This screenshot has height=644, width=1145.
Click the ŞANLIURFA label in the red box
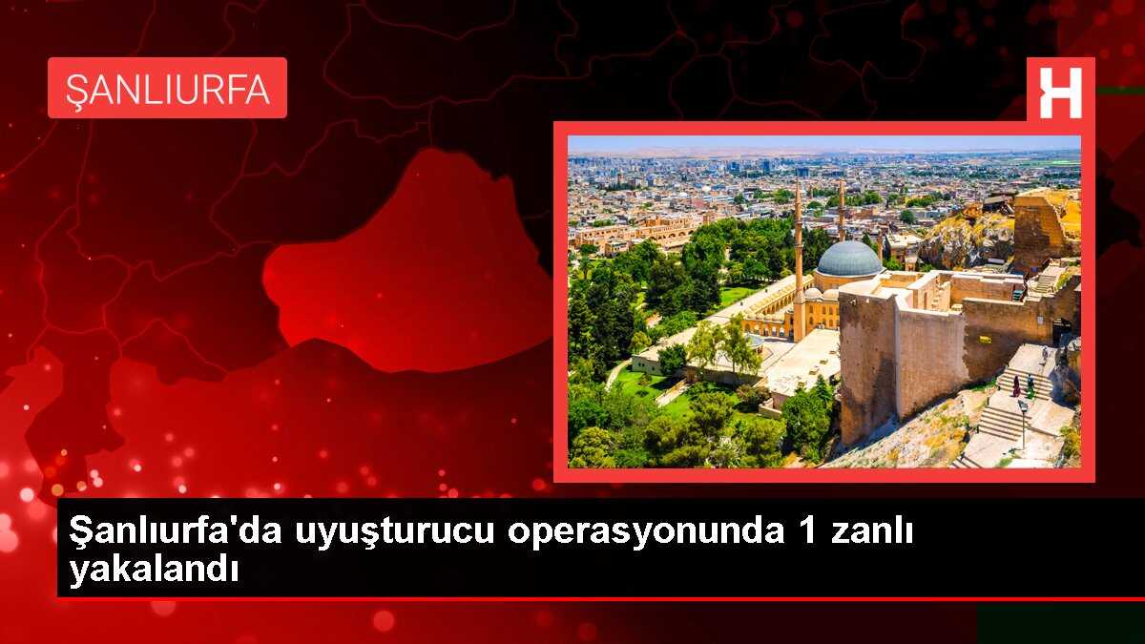(x=167, y=88)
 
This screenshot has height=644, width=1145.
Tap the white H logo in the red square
(x=1060, y=93)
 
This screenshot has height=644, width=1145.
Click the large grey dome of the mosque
(x=848, y=259)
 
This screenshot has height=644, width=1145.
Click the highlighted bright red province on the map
(x=410, y=267)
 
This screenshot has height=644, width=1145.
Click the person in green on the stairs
(x=1030, y=385)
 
